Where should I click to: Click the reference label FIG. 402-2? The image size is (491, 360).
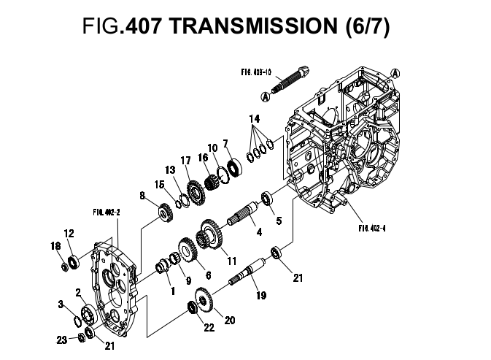[107, 212]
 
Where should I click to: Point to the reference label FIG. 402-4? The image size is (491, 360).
[372, 227]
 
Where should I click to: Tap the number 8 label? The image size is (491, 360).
[142, 195]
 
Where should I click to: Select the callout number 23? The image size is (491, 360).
[61, 339]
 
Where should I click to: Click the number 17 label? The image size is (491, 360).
[185, 161]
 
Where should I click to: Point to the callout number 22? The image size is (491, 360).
[209, 327]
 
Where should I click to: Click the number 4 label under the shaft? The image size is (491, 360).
[258, 232]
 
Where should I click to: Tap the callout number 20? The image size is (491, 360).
[230, 319]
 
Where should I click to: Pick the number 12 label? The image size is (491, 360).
[69, 234]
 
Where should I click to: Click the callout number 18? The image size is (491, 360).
[55, 246]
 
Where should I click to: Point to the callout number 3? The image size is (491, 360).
[61, 303]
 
